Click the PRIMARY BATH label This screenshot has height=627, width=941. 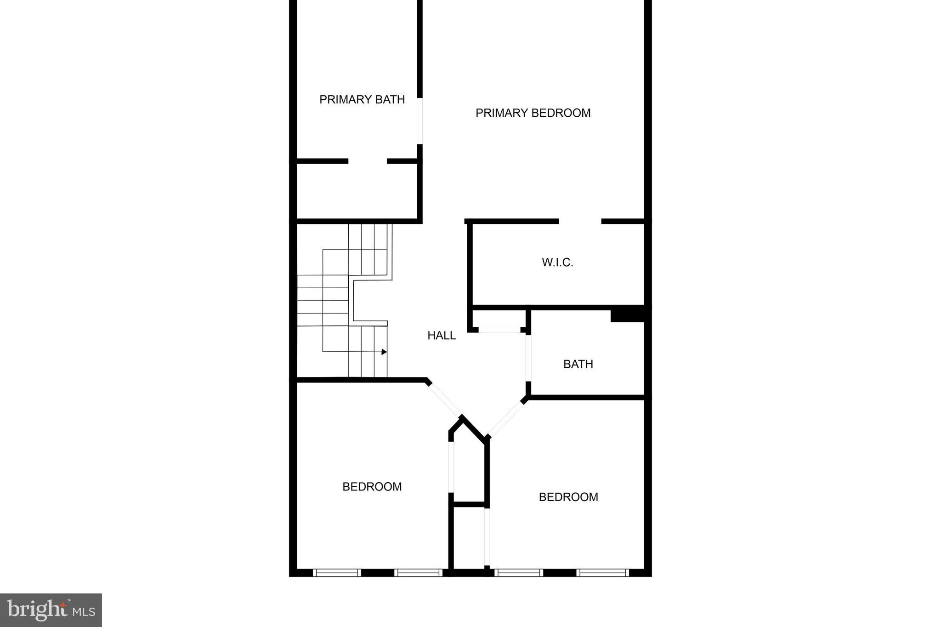pos(362,99)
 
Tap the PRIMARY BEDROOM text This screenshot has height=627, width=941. pos(533,113)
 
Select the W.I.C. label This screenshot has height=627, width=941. pos(557,262)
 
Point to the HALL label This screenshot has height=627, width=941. pos(442,336)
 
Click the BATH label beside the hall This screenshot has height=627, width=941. pos(578,364)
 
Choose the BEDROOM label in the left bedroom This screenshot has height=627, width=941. pos(372,487)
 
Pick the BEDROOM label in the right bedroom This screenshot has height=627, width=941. pos(568,497)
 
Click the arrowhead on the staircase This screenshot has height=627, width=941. pos(384,352)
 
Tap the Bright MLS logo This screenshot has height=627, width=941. pos(51,610)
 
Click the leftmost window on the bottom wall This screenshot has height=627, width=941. pos(337,573)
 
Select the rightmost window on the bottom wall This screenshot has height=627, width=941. pos(602,573)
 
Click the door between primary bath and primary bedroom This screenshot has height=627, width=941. pos(419,121)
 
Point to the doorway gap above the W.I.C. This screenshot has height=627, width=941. pos(580,222)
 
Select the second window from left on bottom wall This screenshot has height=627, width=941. pos(418,573)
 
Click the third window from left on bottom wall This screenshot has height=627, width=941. pos(519,573)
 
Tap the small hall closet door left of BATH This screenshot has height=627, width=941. pos(499,330)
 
